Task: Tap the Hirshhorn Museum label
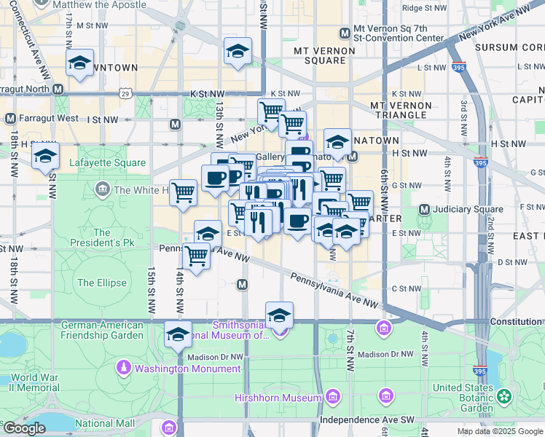point(278,398)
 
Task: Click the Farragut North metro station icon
point(57,90)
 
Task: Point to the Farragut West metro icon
point(10,119)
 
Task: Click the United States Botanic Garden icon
point(504,396)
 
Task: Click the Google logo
point(23,428)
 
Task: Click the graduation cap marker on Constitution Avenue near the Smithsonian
point(279,315)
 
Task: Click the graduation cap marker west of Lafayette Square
point(45,155)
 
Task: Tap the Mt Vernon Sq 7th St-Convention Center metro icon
point(345,33)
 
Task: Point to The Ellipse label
point(102,283)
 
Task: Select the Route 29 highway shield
point(125,94)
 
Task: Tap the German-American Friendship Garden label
point(102,330)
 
